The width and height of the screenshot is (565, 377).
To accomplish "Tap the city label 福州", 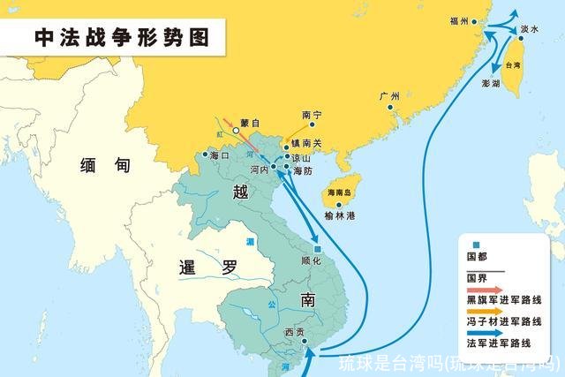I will tap(458, 19).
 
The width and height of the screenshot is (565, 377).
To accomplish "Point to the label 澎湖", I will tap(491, 85).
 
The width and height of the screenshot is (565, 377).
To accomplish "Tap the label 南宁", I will tap(311, 115).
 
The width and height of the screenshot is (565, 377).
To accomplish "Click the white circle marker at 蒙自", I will tap(236, 132).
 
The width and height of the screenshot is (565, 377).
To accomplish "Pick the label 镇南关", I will tap(316, 141).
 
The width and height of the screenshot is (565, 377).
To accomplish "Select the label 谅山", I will tap(302, 156).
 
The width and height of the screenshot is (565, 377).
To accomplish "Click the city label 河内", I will tap(259, 168).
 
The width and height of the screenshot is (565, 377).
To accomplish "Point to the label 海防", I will tap(303, 170).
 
